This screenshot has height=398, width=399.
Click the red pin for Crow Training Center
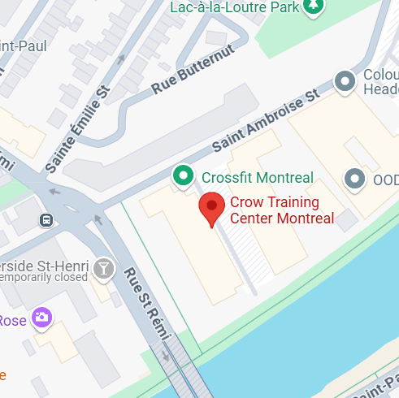(x=212, y=208)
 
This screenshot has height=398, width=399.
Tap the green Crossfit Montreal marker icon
(x=184, y=175)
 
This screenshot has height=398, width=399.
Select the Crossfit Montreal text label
(x=257, y=178)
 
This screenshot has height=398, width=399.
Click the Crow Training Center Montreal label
(x=281, y=210)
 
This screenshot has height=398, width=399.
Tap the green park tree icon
(x=312, y=6)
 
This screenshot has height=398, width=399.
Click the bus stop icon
(x=47, y=219)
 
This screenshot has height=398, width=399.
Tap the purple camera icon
(x=41, y=316)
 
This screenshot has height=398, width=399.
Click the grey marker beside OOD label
(x=354, y=178)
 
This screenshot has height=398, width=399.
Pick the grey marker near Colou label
(x=346, y=81)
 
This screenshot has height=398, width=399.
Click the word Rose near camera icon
(x=12, y=319)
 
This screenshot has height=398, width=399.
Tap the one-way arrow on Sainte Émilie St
(x=121, y=58)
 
